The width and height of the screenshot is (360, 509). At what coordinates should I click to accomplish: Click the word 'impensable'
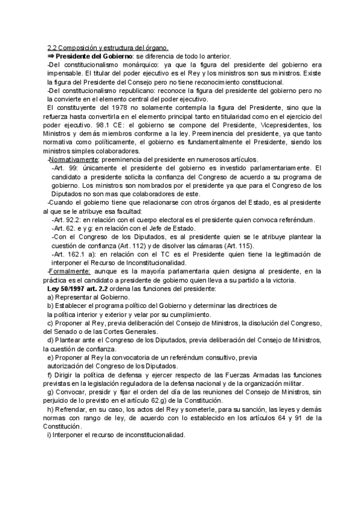point(65,73)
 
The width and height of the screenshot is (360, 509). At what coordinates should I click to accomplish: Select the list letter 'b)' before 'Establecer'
point(52,306)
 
